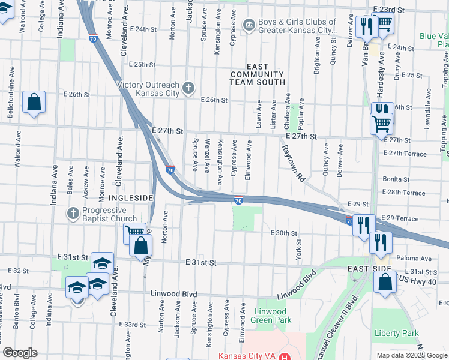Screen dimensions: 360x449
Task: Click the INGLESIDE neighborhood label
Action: (131, 197)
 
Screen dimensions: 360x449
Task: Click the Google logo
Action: (19, 353)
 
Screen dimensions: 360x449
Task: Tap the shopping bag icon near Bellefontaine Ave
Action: (34, 103)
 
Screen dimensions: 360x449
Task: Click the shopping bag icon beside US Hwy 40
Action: (384, 283)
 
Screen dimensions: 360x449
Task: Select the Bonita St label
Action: (395, 179)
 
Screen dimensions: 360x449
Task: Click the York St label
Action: (297, 245)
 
